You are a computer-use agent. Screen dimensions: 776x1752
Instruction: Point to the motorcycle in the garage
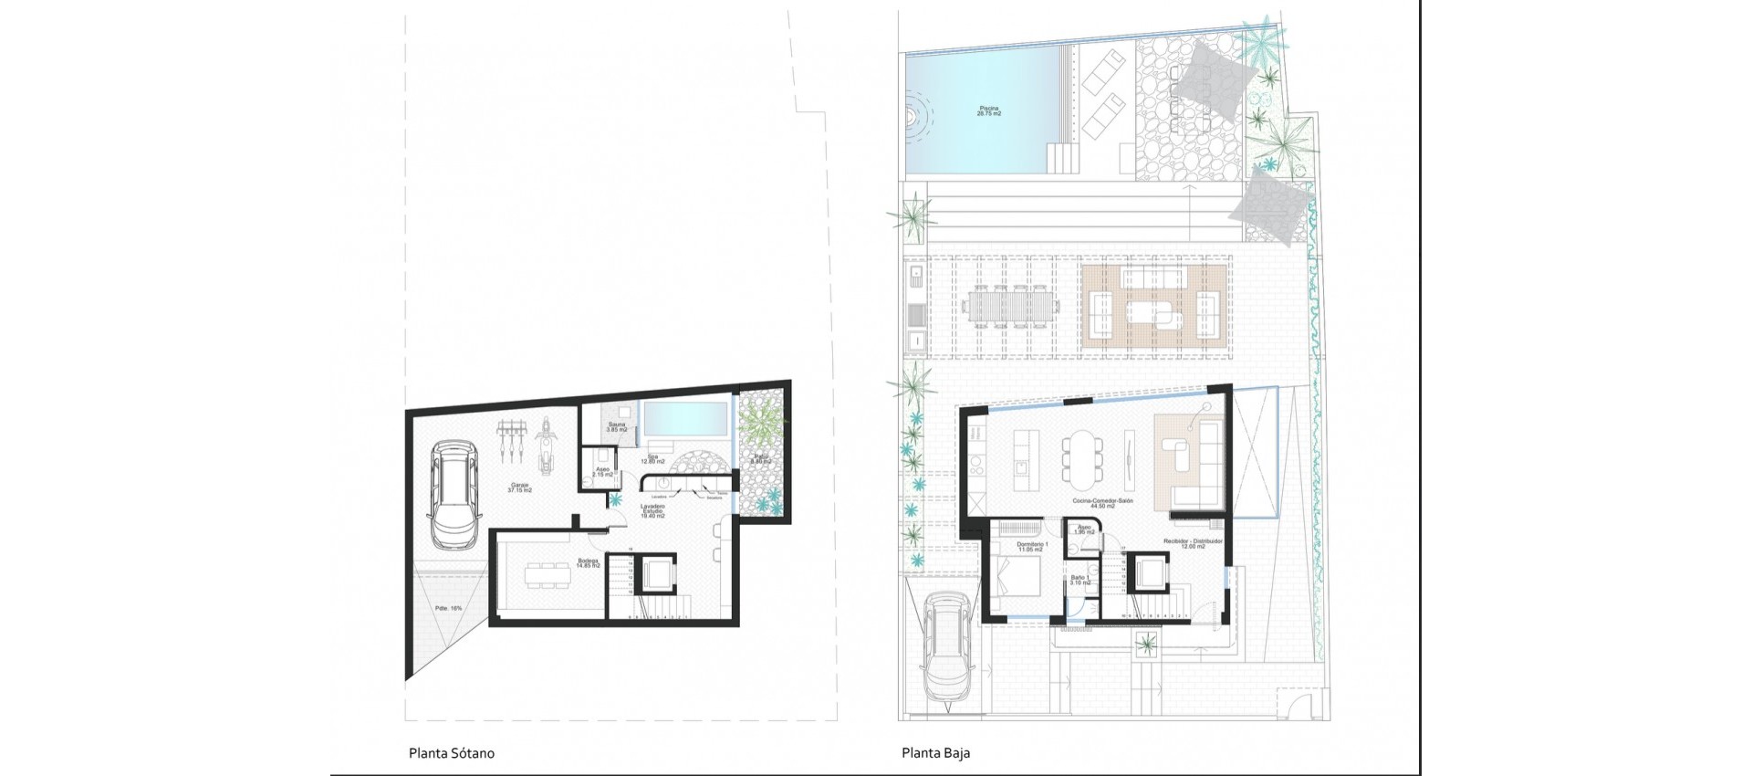tap(547, 445)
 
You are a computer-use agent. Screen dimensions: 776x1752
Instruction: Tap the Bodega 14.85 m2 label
tap(588, 563)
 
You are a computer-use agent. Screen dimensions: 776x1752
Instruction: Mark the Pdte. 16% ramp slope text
tap(448, 607)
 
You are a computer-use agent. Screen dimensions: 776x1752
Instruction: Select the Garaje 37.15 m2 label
tap(519, 488)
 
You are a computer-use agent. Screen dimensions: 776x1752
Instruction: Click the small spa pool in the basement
tap(684, 420)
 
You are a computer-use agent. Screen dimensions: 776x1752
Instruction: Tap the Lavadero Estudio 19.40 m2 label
tap(652, 511)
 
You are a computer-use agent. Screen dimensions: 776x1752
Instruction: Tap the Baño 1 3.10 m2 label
tap(1079, 580)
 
